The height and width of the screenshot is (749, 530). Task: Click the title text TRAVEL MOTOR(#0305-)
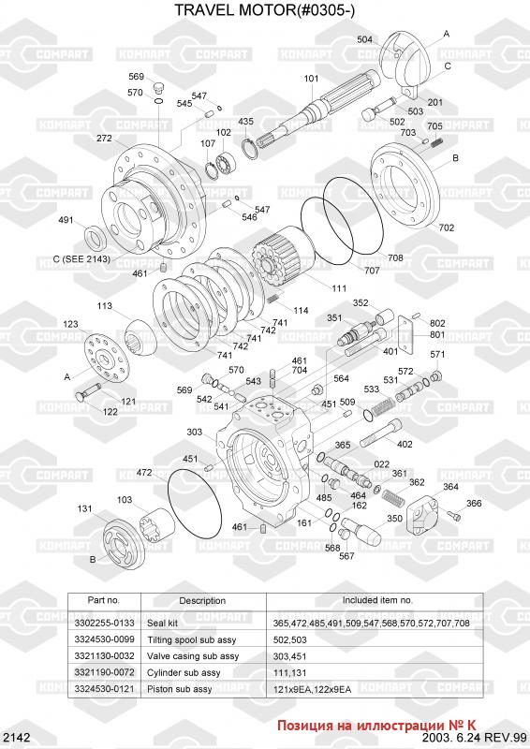[264, 9]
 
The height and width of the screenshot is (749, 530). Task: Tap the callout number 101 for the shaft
[311, 79]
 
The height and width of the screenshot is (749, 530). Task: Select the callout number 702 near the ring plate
[447, 228]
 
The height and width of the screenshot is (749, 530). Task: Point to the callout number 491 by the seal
[66, 220]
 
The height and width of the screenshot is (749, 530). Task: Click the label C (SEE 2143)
[81, 259]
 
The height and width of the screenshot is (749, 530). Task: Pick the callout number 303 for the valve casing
[195, 432]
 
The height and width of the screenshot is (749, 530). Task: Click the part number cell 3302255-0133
[104, 623]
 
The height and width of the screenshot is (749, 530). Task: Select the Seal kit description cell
[163, 623]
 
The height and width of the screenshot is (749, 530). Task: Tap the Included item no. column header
[377, 600]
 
